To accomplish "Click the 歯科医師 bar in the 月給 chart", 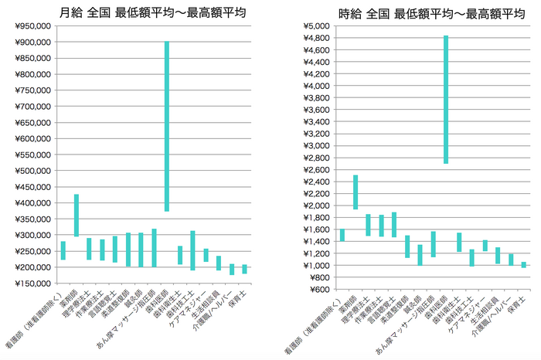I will (x=167, y=126).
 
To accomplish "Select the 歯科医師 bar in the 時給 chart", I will (x=446, y=100).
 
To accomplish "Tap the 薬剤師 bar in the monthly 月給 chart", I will (x=77, y=215).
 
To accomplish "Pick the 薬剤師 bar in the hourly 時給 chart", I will (x=356, y=192).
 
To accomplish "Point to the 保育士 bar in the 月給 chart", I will (x=244, y=269).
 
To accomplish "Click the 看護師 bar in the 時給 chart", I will (x=342, y=235).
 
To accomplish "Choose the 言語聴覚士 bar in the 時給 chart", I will (x=393, y=224).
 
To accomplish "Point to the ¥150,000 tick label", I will (x=33, y=284).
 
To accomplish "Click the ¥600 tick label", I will (x=319, y=289).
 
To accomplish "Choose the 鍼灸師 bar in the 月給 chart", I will (x=141, y=250).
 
